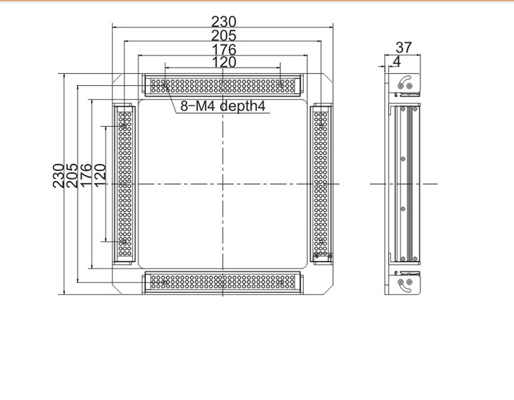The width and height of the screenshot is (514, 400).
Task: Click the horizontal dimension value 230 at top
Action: coord(224,21)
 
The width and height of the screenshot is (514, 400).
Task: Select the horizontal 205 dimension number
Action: coord(224,36)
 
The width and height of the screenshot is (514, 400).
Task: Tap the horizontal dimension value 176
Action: coord(224,50)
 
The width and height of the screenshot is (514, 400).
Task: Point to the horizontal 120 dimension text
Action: coord(224,62)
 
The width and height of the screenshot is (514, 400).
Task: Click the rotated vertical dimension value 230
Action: coord(58,176)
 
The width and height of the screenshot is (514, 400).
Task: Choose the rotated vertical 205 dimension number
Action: coord(72,176)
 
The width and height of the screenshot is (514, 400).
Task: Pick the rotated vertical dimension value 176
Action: coord(86,176)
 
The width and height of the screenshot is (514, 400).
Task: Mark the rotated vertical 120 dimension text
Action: coord(100,176)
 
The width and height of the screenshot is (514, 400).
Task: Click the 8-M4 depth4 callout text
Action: coord(223,106)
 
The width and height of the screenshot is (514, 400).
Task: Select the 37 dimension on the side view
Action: coord(403,48)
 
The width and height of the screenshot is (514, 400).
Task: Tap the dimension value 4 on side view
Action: coord(397,61)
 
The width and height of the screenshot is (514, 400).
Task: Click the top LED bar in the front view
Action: coord(223,86)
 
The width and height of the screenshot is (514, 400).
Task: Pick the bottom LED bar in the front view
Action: coord(223,282)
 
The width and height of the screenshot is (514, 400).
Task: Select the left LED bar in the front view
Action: coord(124,184)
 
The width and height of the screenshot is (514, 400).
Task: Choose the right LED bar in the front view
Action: coord(321,184)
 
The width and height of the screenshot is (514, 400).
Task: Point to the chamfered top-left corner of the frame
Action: coord(117,78)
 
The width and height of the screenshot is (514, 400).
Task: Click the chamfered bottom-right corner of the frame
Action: coord(328,289)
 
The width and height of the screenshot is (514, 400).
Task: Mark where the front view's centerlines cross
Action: coord(223,184)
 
